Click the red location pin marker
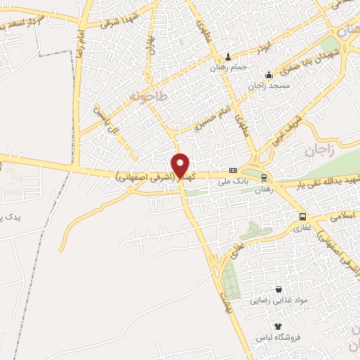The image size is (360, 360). click(181, 166)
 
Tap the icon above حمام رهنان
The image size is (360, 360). click(227, 57)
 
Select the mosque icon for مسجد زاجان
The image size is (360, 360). click(268, 75)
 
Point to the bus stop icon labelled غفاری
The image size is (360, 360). click(302, 217)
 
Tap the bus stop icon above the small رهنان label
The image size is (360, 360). click(264, 178)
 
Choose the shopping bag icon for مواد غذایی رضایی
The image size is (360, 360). click(278, 289)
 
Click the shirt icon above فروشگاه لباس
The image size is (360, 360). click(278, 326)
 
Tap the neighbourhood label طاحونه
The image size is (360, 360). click(148, 96)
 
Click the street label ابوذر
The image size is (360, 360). click(261, 50)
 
